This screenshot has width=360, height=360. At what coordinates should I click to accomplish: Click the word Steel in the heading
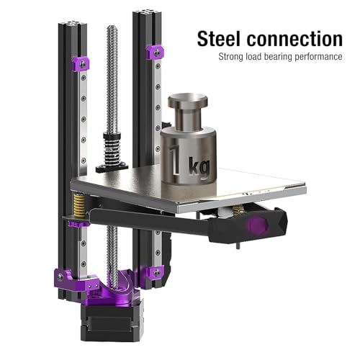point(218,38)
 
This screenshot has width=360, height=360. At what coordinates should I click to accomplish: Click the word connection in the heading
point(294,39)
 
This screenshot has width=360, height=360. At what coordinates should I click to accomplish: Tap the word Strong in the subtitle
point(231,57)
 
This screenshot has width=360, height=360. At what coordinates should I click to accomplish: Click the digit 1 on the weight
point(175,159)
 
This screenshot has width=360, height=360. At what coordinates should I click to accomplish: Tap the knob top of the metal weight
point(188,101)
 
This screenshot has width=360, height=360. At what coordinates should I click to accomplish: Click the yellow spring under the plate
point(79,206)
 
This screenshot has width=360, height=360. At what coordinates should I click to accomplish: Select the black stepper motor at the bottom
point(112,322)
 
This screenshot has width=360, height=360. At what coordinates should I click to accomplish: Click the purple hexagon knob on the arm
point(257,225)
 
